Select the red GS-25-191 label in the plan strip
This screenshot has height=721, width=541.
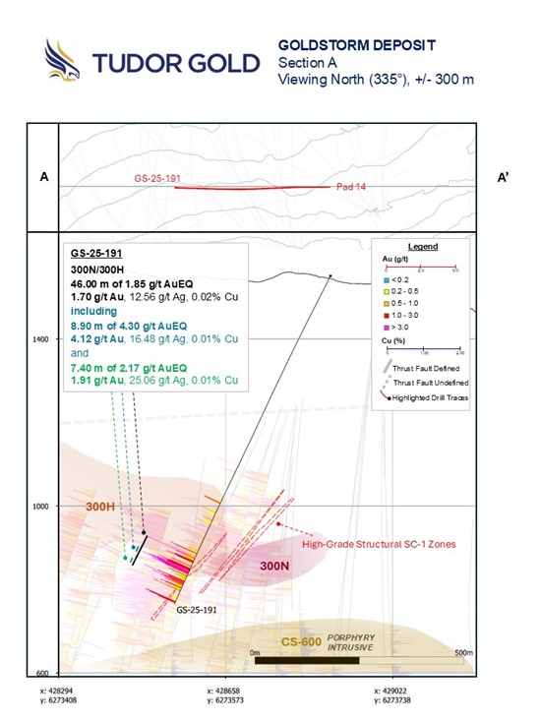(155, 179)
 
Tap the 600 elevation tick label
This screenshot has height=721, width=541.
(42, 674)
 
